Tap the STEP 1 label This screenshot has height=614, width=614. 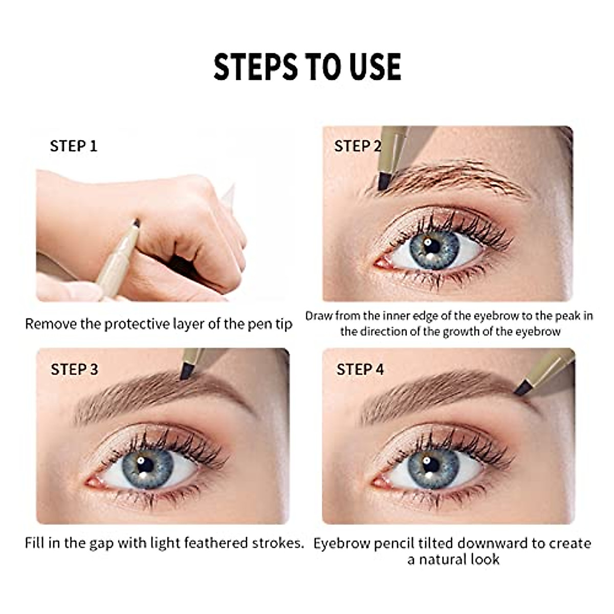[73, 146]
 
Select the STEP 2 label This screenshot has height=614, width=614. [358, 146]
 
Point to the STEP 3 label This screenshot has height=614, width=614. [74, 369]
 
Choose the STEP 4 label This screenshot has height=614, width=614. [360, 369]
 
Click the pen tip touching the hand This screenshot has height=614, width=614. [136, 223]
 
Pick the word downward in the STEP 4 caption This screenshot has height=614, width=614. [486, 543]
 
